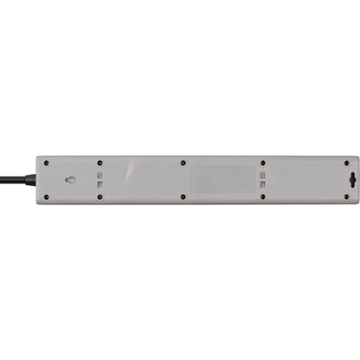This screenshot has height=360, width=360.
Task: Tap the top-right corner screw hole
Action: tap(347, 162)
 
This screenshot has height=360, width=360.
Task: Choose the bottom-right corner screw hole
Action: tap(347, 197)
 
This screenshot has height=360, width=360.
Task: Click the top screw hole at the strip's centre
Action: tap(183, 162)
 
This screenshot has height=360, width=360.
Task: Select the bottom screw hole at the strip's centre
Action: tap(183, 197)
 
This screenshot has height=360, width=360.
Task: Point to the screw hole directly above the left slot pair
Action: tap(100, 162)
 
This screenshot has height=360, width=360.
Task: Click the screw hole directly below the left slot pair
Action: tap(100, 197)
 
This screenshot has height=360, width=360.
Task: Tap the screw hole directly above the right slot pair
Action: tap(265, 162)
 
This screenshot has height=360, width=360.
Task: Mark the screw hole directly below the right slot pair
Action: tap(265, 197)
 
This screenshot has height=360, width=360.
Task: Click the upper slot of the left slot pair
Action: tap(100, 175)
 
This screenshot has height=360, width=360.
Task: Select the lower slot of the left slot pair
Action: tap(100, 184)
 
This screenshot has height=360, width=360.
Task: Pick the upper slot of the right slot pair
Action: tap(265, 175)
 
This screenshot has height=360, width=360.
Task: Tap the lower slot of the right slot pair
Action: tap(265, 184)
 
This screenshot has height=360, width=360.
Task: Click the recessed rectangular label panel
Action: tap(222, 179)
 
